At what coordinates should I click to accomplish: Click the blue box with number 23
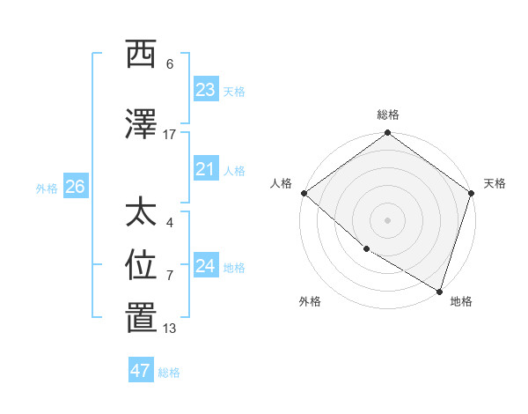pyautogui.click(x=206, y=89)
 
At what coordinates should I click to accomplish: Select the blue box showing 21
pyautogui.click(x=206, y=168)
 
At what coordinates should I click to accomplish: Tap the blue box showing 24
pyautogui.click(x=206, y=265)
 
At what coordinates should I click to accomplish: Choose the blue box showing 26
pyautogui.click(x=76, y=186)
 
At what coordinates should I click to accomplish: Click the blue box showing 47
pyautogui.click(x=141, y=371)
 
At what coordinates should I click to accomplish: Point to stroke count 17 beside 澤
pyautogui.click(x=170, y=135)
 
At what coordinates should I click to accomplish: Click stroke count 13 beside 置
pyautogui.click(x=170, y=329)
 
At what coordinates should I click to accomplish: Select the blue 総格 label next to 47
pyautogui.click(x=169, y=373)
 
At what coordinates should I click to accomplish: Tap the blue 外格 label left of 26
pyautogui.click(x=47, y=188)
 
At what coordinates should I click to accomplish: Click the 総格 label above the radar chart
pyautogui.click(x=388, y=115)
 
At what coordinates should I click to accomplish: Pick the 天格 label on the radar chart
pyautogui.click(x=495, y=183)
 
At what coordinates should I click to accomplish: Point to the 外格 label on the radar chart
pyautogui.click(x=310, y=301)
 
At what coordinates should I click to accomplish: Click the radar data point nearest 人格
pyautogui.click(x=304, y=193)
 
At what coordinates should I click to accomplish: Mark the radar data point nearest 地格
pyautogui.click(x=439, y=291)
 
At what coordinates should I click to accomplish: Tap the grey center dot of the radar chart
pyautogui.click(x=387, y=220)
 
